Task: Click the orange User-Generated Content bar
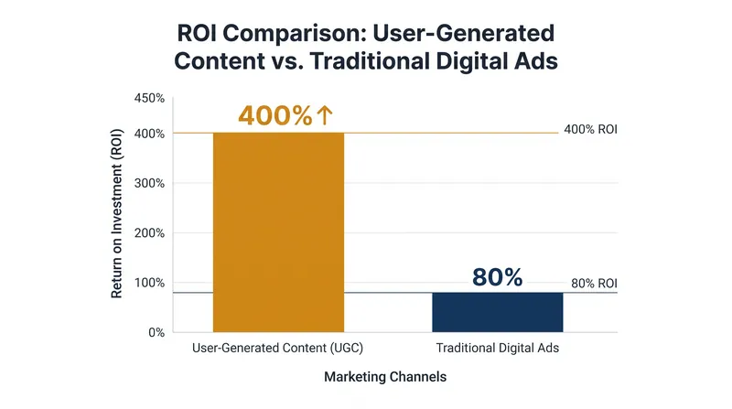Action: pos(279,232)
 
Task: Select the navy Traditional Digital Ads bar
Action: pos(498,312)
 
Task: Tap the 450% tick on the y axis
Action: pos(149,99)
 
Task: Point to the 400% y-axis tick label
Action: pos(149,134)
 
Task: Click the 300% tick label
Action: pos(149,184)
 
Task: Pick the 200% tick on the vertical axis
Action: pos(149,233)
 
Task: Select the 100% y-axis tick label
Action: pos(149,283)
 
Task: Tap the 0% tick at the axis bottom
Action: pos(156,332)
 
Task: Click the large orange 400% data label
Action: pos(275,115)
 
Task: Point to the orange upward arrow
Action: pos(325,115)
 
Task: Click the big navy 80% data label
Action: pos(498,277)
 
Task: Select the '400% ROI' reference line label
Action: pos(590,129)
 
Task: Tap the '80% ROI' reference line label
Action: pos(594,284)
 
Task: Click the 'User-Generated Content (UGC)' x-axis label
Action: pos(278,348)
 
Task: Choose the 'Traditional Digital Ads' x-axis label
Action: pos(498,348)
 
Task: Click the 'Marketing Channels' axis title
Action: pos(385,377)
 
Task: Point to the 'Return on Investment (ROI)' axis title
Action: pos(116,213)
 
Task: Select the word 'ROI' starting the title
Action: pos(196,34)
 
